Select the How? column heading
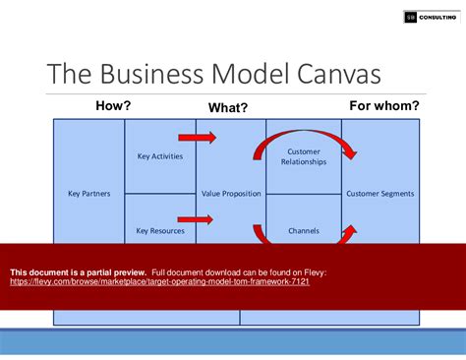click(x=113, y=105)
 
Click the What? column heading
click(x=228, y=107)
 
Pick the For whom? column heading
click(x=384, y=105)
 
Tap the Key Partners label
click(x=88, y=194)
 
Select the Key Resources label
click(x=159, y=231)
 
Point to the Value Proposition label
click(x=231, y=194)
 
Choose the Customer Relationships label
click(x=304, y=156)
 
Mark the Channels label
click(x=304, y=231)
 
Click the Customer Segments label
click(x=380, y=194)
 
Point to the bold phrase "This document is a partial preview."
click(x=78, y=271)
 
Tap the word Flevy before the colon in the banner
click(x=312, y=271)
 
